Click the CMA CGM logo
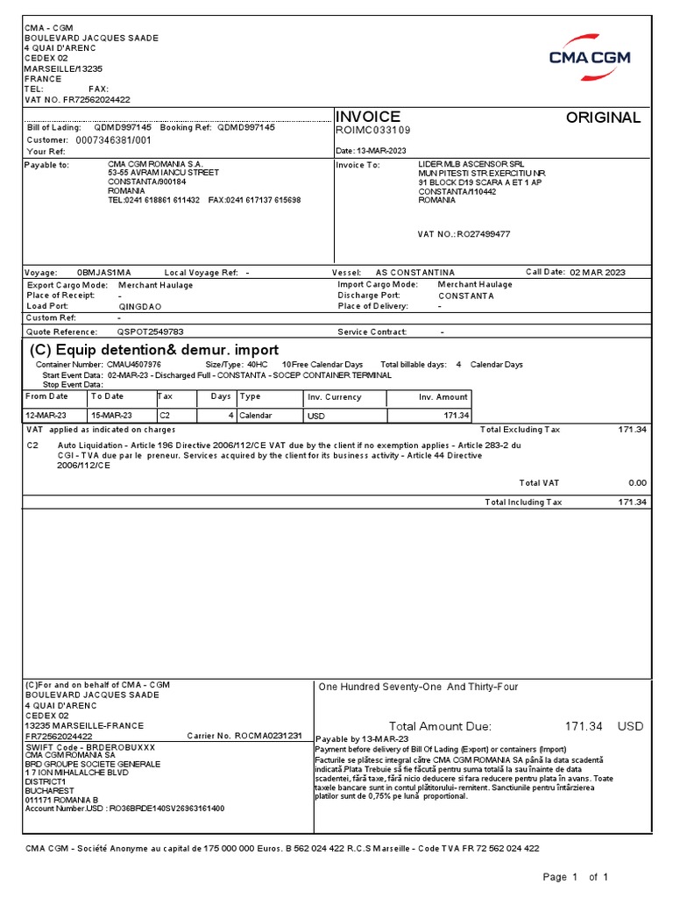[x=592, y=50]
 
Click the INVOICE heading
[x=368, y=117]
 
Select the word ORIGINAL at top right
[x=603, y=118]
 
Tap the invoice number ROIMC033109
[x=373, y=131]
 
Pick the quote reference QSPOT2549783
[x=151, y=332]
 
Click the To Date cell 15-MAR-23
[x=111, y=416]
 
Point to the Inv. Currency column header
[x=334, y=397]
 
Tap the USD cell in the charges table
[x=316, y=416]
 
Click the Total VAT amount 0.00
[x=637, y=483]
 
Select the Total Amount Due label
[x=440, y=726]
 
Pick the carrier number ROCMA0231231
[x=268, y=736]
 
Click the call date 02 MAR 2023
[x=598, y=273]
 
